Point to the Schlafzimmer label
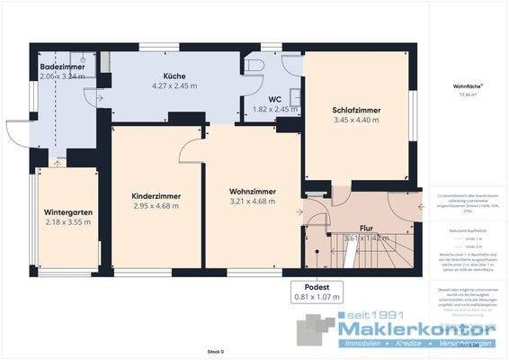(x=357, y=110)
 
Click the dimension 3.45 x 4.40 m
(x=357, y=120)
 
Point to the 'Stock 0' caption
(x=215, y=351)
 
